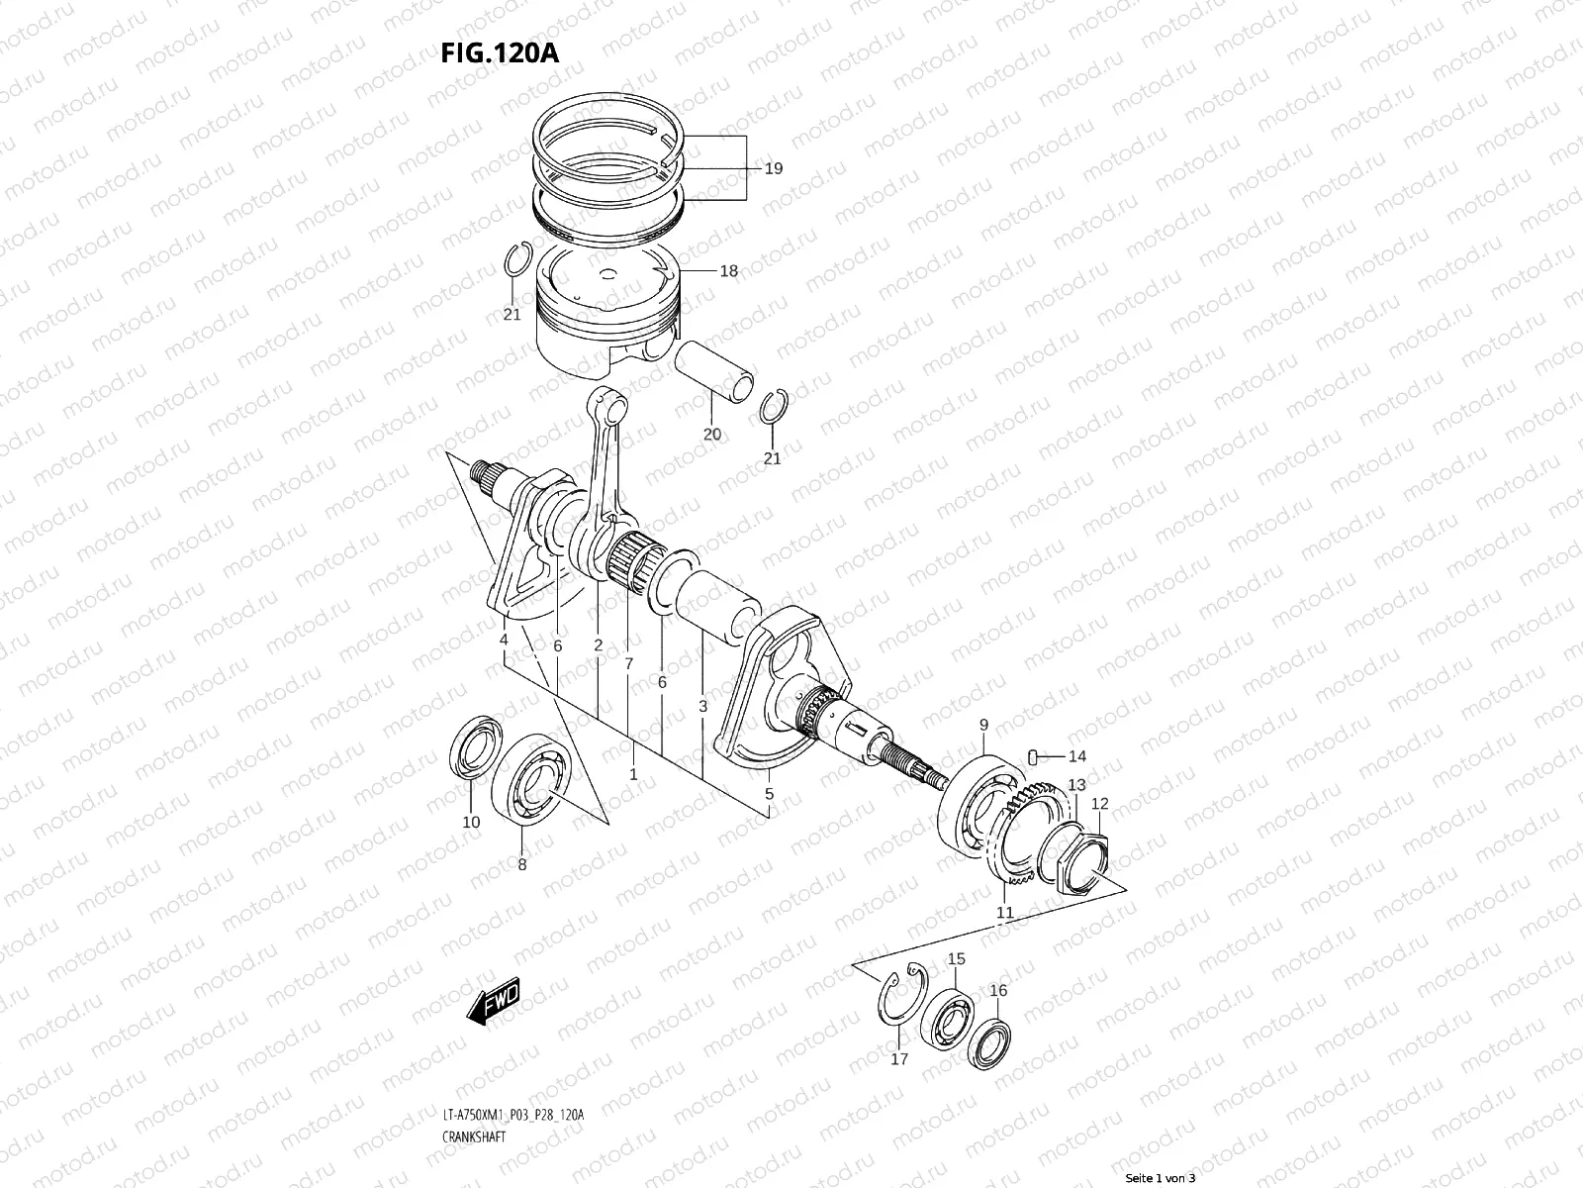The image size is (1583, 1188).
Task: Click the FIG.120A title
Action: click(500, 51)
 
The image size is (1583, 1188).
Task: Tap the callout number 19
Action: click(774, 168)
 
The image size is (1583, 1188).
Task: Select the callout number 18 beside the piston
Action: click(728, 270)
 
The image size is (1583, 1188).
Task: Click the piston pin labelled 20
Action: click(714, 371)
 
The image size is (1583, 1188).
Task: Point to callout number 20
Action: click(712, 434)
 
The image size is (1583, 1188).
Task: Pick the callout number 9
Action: click(983, 726)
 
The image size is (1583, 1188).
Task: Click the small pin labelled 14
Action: click(1033, 757)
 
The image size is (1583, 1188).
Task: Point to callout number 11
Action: click(1004, 912)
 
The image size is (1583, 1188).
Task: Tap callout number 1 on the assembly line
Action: click(633, 774)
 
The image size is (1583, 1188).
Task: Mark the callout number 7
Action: click(628, 662)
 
